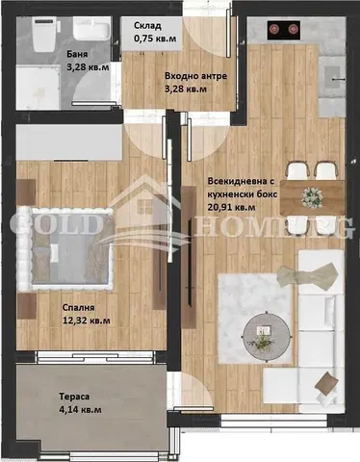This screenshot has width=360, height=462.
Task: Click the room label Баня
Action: tap(77, 54)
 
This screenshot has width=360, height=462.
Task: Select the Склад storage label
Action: tap(147, 25)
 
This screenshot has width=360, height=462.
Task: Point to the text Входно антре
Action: tap(195, 76)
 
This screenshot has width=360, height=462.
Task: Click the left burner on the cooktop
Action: tap(273, 29)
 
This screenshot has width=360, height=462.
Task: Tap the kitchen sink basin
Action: tap(332, 76)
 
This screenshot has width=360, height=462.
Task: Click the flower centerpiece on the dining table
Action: tap(312, 197)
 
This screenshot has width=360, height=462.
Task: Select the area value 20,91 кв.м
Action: tap(232, 207)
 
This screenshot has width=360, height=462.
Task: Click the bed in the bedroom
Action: tap(65, 248)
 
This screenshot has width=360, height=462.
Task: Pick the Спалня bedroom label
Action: tap(78, 308)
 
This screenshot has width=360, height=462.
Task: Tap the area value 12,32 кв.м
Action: tap(87, 321)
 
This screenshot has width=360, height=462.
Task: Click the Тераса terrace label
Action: tap(74, 397)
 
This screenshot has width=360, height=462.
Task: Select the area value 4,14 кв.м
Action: tap(80, 410)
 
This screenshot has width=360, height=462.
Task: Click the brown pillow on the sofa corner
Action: tap(326, 383)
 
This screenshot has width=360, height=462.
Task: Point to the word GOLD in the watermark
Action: tap(54, 224)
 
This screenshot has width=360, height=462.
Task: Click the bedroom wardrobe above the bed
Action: tap(69, 141)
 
